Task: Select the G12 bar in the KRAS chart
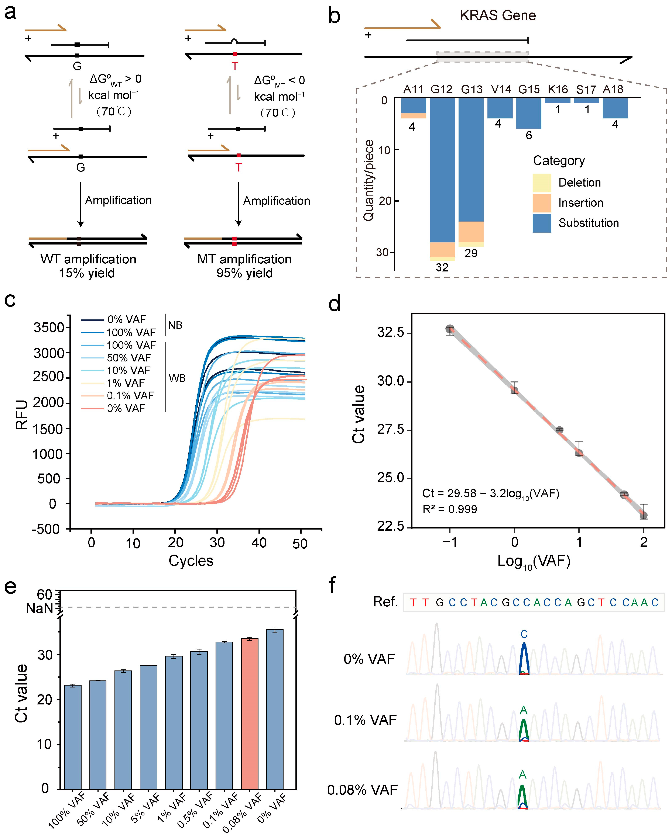pyautogui.click(x=442, y=171)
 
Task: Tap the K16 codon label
pyautogui.click(x=558, y=90)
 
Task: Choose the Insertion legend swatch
pyautogui.click(x=542, y=203)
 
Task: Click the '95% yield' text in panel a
pyautogui.click(x=244, y=273)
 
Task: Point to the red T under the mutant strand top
pyautogui.click(x=235, y=66)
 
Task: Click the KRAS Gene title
pyautogui.click(x=498, y=15)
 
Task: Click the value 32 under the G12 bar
pyautogui.click(x=442, y=267)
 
